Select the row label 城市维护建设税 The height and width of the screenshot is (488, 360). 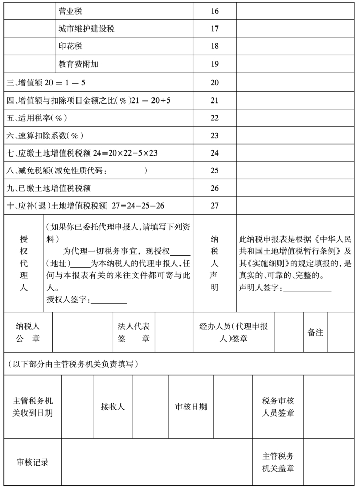click(86, 29)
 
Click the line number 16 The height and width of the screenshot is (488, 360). click(214, 10)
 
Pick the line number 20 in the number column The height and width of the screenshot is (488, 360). click(214, 82)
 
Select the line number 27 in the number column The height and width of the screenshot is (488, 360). click(214, 206)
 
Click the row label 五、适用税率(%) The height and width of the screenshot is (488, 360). click(37, 118)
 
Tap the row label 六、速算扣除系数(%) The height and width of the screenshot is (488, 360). click(44, 136)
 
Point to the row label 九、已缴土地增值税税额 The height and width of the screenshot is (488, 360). click(48, 188)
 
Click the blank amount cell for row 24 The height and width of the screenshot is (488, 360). click(295, 153)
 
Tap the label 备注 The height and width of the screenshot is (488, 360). click(315, 332)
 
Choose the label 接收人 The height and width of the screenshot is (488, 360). click(113, 407)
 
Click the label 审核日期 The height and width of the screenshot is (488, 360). click(191, 407)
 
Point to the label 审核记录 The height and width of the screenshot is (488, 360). click(33, 463)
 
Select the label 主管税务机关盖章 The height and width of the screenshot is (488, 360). click(278, 462)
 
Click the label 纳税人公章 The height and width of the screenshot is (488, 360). click(28, 332)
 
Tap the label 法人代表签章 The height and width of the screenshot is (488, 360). click(134, 332)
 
